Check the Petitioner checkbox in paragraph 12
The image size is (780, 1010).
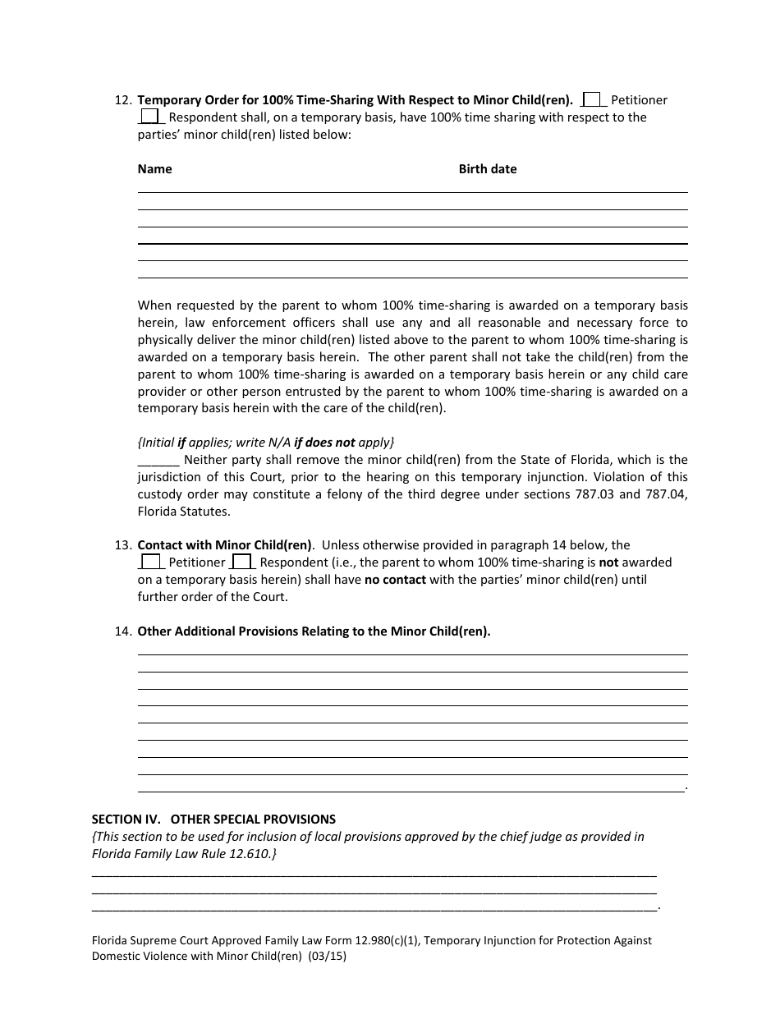594,99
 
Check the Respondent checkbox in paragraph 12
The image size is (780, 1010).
150,117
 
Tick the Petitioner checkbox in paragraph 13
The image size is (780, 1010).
150,562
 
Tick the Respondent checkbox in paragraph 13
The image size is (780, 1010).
241,562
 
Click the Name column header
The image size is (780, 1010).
154,169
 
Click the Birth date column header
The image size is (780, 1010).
488,169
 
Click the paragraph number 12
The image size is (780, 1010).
122,100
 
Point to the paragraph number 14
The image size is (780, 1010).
122,631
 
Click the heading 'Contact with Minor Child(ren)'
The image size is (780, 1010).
225,545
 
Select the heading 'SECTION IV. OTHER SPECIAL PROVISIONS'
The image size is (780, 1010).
213,819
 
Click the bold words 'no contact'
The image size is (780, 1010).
395,580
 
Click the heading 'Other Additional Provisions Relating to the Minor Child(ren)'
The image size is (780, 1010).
314,631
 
